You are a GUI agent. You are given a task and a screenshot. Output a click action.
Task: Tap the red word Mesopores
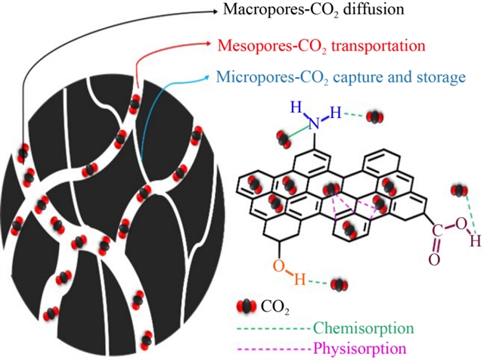point(252,44)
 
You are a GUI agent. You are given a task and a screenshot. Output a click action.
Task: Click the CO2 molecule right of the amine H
point(374,117)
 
